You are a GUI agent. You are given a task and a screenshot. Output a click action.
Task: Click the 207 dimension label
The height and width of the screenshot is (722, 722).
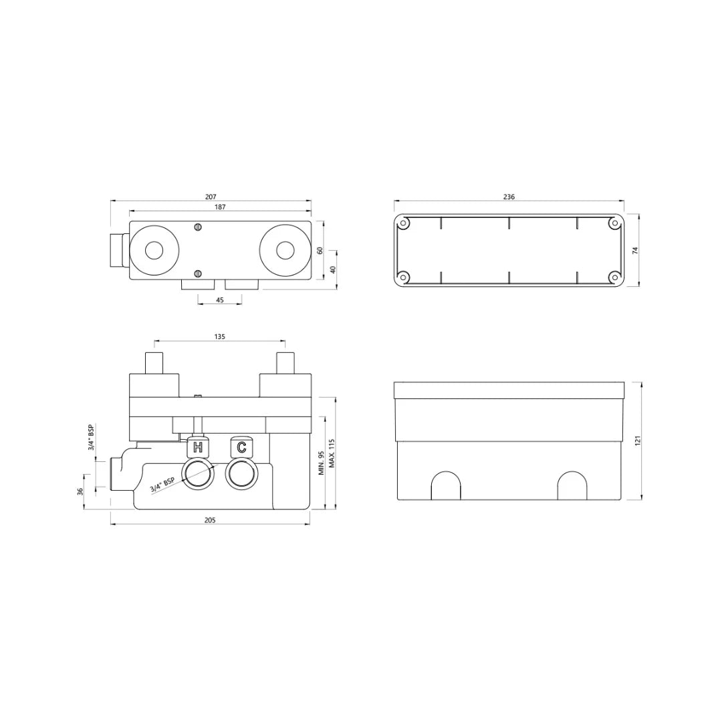coord(211,197)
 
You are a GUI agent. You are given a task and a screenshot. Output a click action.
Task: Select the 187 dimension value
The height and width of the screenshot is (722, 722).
coord(220,207)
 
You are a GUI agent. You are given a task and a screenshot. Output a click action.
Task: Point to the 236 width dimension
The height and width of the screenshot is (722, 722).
coord(509,197)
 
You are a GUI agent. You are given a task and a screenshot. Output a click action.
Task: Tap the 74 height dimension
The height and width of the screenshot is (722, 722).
coord(636,250)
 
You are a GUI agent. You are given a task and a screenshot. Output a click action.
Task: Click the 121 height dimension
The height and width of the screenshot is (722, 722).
coord(638,441)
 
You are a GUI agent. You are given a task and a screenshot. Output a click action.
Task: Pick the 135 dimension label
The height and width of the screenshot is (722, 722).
coord(220,337)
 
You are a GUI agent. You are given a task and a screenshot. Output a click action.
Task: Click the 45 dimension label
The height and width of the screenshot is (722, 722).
coord(220,300)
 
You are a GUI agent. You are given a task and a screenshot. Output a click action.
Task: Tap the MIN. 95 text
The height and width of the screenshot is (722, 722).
coord(321,463)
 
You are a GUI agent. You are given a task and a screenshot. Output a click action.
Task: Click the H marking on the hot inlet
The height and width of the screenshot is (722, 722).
coord(197,447)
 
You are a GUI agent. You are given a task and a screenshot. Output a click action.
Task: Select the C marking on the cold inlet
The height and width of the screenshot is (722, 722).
coord(241,447)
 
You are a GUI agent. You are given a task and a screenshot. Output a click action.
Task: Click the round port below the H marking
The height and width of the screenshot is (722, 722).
coord(197,475)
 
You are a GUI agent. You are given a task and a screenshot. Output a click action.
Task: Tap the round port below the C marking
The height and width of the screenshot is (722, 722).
coord(241,475)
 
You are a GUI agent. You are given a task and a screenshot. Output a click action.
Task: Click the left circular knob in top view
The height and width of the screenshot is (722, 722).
coord(154,251)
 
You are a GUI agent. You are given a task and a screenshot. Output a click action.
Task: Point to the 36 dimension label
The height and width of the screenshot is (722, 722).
coord(80,491)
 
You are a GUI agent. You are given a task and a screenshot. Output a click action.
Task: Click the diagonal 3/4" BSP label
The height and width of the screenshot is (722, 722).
coord(162,485)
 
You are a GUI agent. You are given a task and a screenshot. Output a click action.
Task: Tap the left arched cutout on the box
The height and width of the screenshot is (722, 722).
coord(446,486)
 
